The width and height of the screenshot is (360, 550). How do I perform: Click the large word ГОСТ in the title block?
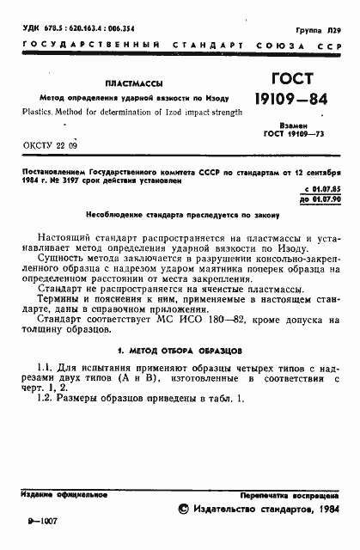tap(287, 80)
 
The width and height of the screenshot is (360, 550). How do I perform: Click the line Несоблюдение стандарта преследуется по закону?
tap(180, 214)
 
